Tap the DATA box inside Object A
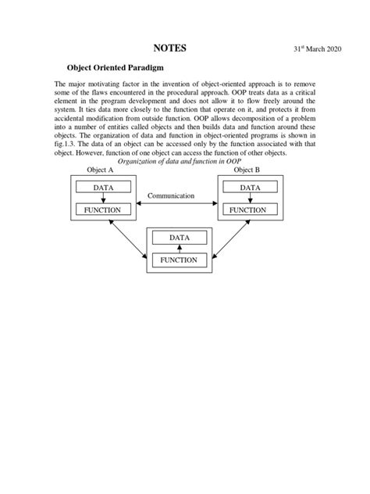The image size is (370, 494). (103, 188)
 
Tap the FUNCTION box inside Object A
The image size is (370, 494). (103, 209)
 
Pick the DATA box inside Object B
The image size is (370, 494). (250, 188)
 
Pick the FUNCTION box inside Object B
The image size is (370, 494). (250, 209)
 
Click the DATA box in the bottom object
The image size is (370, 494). (180, 238)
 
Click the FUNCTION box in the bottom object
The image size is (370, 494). (180, 260)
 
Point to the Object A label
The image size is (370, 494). (97, 170)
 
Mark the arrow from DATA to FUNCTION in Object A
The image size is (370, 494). (103, 199)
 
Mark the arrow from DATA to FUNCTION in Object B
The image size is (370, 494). (250, 199)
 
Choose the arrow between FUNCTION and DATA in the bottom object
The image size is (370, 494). (180, 249)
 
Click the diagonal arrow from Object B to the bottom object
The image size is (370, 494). (232, 238)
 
